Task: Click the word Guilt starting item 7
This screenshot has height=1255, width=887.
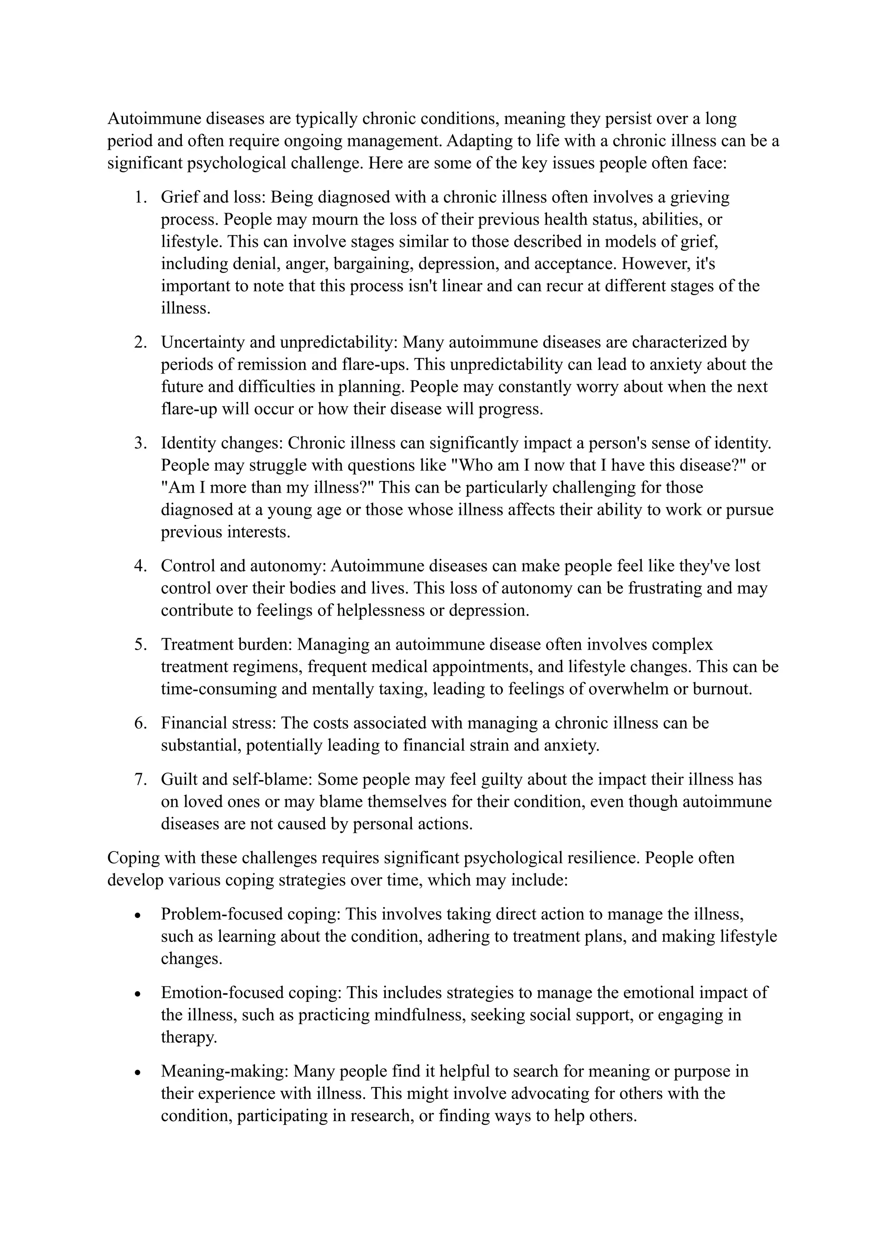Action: pyautogui.click(x=178, y=780)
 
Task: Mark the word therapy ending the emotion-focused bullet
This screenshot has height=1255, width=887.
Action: pyautogui.click(x=188, y=1037)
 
